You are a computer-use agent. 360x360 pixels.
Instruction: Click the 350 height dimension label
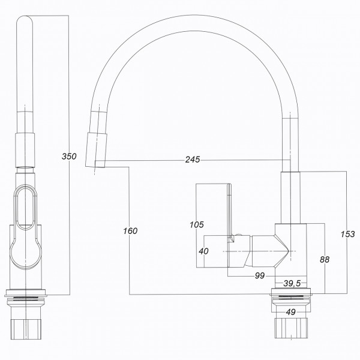point(70,157)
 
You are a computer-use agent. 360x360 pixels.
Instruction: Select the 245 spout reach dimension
point(193,160)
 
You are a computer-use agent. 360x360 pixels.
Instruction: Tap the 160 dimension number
point(130,231)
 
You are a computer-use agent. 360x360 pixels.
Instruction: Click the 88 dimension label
point(325,259)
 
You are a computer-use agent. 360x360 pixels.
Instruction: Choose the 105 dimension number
point(197,225)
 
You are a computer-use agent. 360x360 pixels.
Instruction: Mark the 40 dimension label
point(203,251)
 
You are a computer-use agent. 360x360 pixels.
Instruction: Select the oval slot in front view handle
point(28,208)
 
